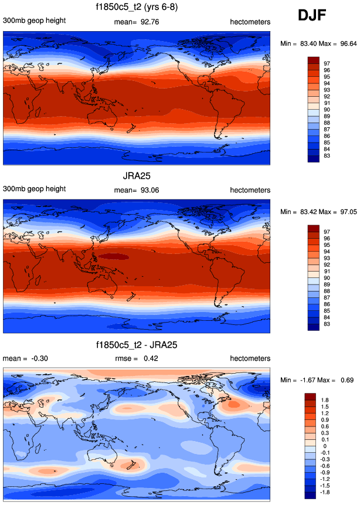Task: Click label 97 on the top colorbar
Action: (327, 61)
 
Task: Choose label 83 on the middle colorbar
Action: (327, 324)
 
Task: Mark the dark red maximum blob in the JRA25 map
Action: (114, 256)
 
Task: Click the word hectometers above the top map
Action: (250, 22)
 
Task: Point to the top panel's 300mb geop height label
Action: (34, 21)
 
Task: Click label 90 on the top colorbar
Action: (327, 109)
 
